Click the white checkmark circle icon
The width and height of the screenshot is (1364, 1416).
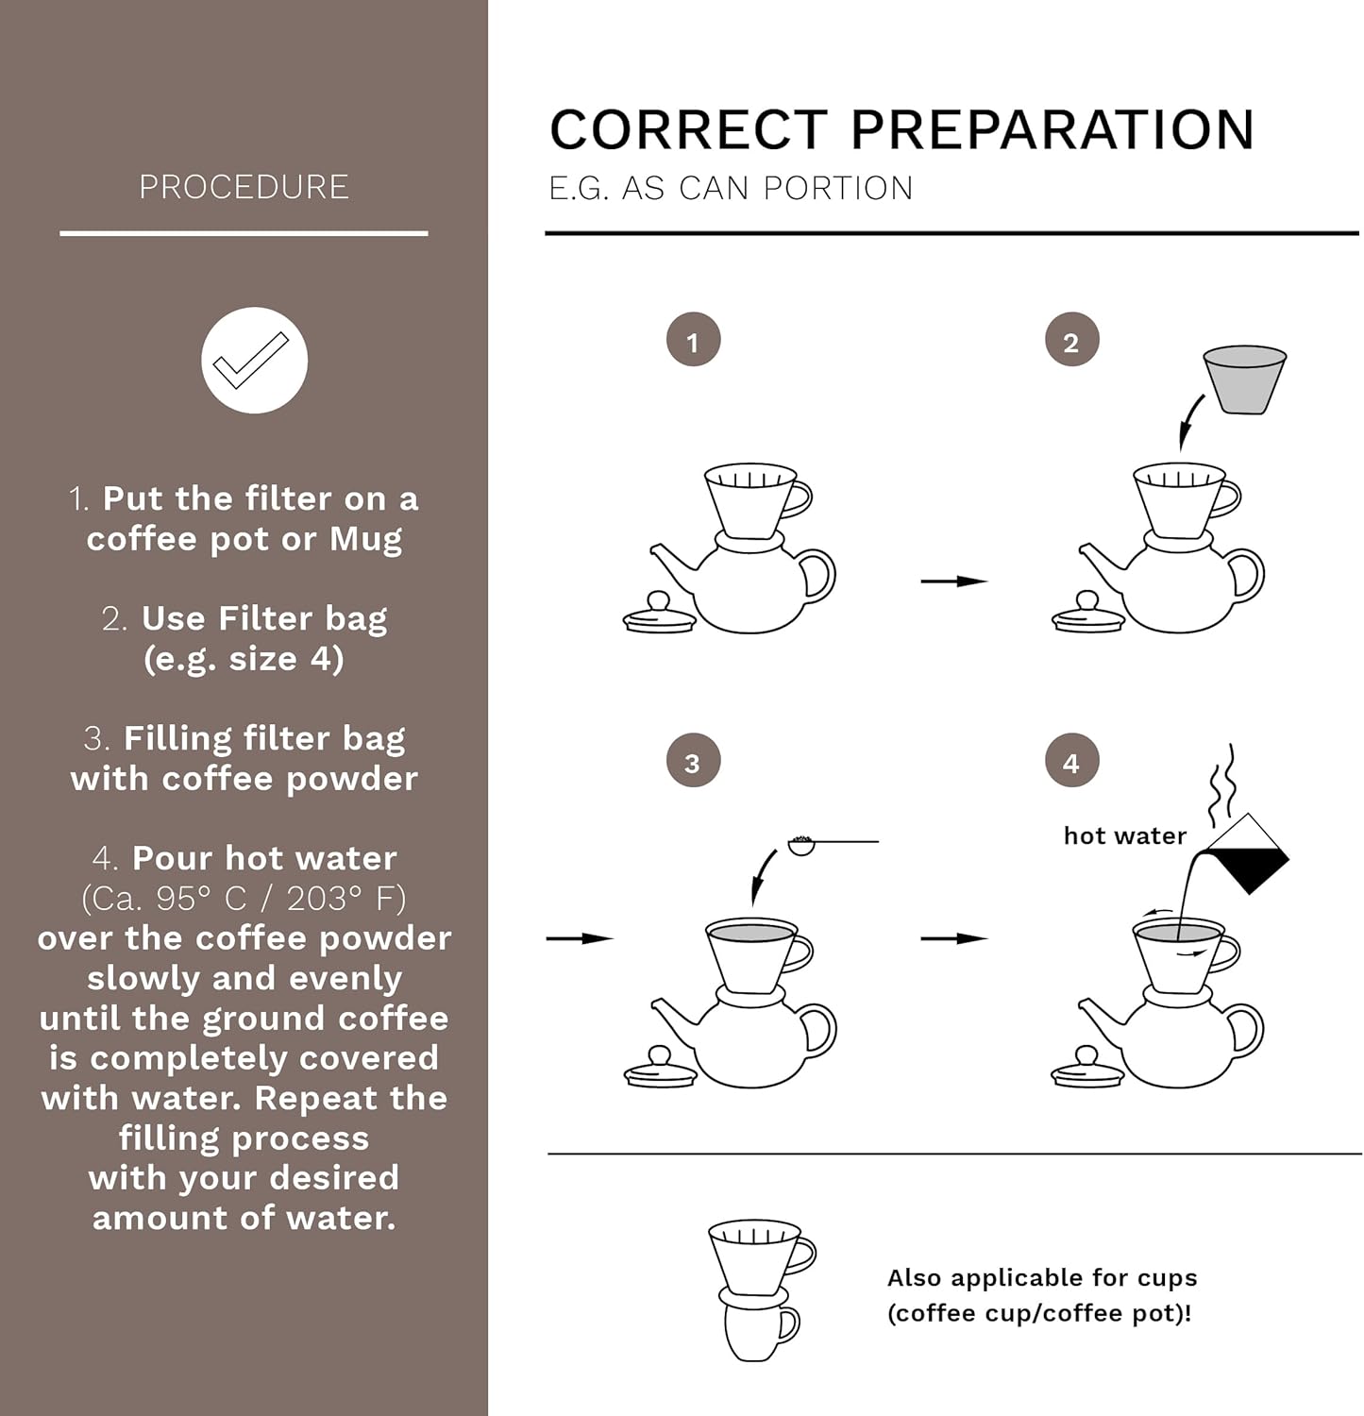(254, 361)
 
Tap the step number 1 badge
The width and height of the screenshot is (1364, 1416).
(693, 341)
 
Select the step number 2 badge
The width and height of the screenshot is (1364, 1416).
(1071, 341)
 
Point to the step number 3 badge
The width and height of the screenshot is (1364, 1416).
(693, 762)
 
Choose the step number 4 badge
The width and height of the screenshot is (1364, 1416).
(1071, 762)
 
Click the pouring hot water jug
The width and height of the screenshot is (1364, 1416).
(1244, 854)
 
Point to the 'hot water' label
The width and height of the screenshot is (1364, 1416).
(1124, 836)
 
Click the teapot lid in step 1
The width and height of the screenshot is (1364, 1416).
(659, 615)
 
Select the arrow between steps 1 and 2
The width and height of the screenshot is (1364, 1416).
(953, 582)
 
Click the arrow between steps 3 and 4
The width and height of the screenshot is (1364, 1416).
(953, 938)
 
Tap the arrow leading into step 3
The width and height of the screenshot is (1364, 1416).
(580, 938)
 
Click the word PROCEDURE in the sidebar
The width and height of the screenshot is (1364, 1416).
(244, 187)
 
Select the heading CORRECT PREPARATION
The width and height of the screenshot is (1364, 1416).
(901, 129)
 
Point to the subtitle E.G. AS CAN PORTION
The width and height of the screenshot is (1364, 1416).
(731, 189)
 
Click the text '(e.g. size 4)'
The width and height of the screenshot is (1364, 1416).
(244, 659)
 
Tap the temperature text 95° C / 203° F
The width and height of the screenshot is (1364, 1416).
(244, 899)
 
